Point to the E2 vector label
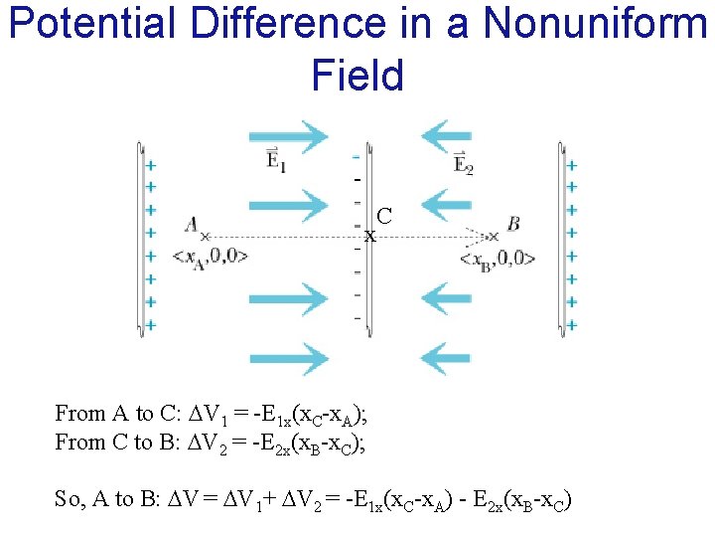tap(464, 162)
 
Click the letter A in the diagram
tap(192, 225)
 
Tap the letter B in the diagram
tap(513, 224)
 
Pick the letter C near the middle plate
tap(384, 216)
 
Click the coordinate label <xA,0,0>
tap(210, 256)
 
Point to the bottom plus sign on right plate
tap(572, 325)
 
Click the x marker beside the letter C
tap(369, 237)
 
